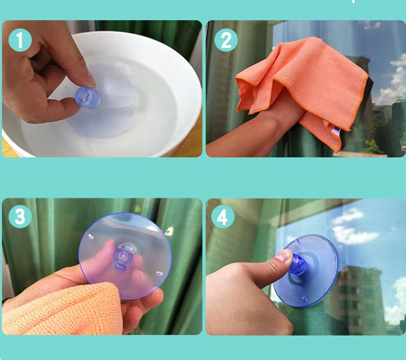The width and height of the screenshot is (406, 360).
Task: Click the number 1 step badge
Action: tap(20, 40)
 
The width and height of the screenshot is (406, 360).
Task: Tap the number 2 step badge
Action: tap(226, 40)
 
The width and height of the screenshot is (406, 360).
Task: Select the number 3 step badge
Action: tap(20, 216)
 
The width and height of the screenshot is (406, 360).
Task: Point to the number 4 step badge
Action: tap(223, 217)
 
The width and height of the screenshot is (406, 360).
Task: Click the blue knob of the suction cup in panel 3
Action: tap(123, 259)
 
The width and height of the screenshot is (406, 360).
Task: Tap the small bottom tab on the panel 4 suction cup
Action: tap(304, 299)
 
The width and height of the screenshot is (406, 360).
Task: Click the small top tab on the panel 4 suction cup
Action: tap(297, 241)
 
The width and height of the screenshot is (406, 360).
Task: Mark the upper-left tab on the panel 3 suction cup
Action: tap(91, 237)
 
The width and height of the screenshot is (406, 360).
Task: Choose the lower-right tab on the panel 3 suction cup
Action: tap(160, 273)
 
